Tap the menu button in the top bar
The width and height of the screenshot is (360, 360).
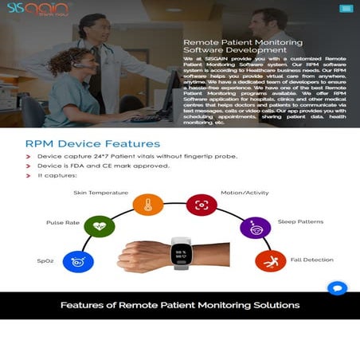pyautogui.click(x=345, y=9)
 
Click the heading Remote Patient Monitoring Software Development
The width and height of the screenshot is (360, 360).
pyautogui.click(x=242, y=45)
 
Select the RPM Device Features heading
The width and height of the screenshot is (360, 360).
pyautogui.click(x=92, y=143)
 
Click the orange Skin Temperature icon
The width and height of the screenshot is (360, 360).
pyautogui.click(x=147, y=205)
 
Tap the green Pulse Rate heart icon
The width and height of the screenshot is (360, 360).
pyautogui.click(x=99, y=226)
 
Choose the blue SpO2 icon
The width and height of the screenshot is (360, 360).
pyautogui.click(x=78, y=260)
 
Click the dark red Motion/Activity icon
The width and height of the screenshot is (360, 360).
pyautogui.click(x=202, y=205)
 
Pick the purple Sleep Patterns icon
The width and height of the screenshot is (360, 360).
pyautogui.click(x=255, y=228)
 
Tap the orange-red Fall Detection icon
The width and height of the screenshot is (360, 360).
pyautogui.click(x=270, y=260)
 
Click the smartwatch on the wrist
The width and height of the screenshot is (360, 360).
pyautogui.click(x=182, y=253)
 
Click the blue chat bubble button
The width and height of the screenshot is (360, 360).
pyautogui.click(x=337, y=288)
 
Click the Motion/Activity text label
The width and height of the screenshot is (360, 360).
pyautogui.click(x=244, y=192)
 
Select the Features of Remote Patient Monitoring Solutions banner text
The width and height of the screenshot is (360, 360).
pyautogui.click(x=180, y=305)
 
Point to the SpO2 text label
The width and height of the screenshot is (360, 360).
pyautogui.click(x=45, y=260)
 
